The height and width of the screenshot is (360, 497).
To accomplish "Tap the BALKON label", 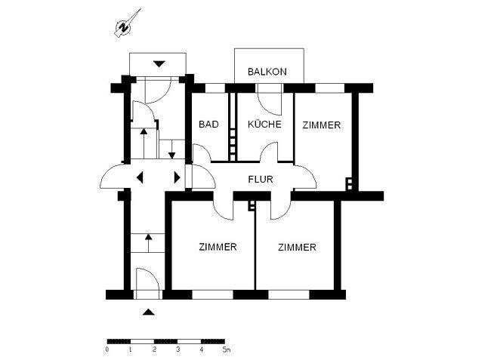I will pyautogui.click(x=268, y=72).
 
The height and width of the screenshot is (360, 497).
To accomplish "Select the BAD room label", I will pyautogui.click(x=209, y=125).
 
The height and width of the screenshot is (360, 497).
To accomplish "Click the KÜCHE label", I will pyautogui.click(x=264, y=125).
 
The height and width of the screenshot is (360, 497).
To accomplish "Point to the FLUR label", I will pyautogui.click(x=261, y=180).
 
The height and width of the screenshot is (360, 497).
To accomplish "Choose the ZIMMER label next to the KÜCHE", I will pyautogui.click(x=322, y=125).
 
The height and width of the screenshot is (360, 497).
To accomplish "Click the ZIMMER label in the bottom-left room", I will pyautogui.click(x=218, y=247).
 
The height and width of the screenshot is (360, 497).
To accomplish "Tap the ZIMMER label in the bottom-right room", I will pyautogui.click(x=296, y=247).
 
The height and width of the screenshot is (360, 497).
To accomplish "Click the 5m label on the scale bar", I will pyautogui.click(x=225, y=349).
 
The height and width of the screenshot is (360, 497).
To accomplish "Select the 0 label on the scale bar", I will pyautogui.click(x=107, y=349).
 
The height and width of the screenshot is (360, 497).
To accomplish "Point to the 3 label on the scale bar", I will pyautogui.click(x=177, y=349).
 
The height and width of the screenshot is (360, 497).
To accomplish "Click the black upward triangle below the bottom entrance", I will pyautogui.click(x=149, y=310).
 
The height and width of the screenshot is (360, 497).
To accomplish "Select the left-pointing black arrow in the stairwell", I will pyautogui.click(x=140, y=178).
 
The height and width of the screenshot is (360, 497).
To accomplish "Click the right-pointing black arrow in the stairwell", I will pyautogui.click(x=177, y=178).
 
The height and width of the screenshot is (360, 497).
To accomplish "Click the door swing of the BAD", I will pyautogui.click(x=201, y=154).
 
